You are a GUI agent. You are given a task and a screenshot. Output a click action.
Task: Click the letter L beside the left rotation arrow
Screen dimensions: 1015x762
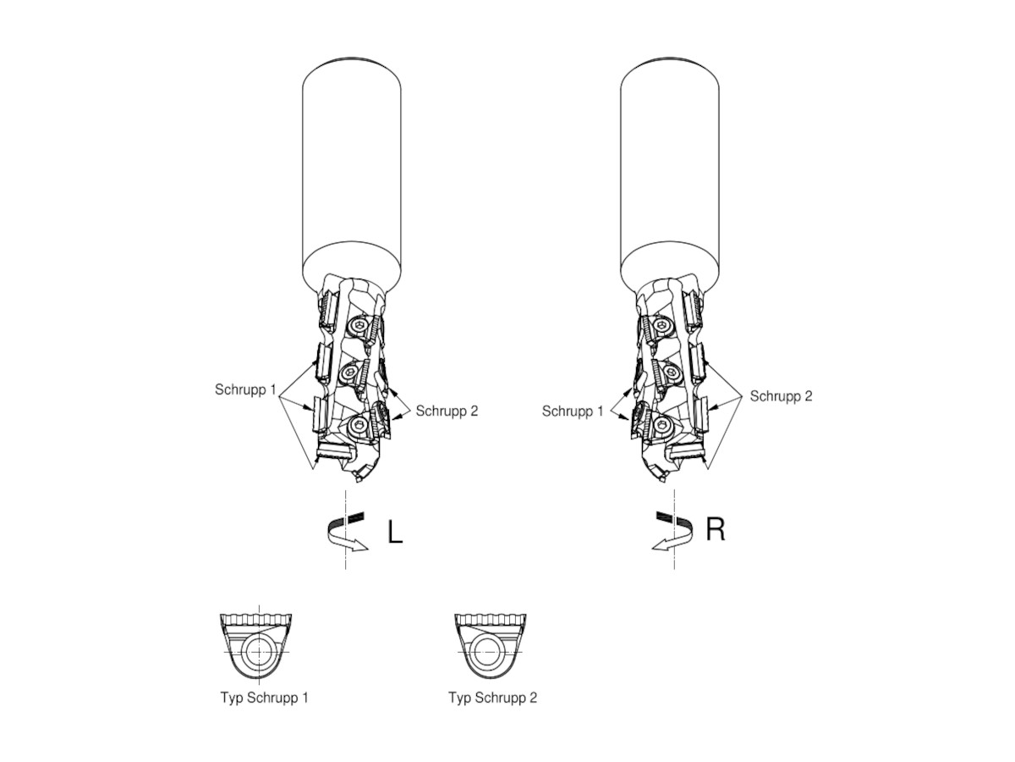tap(394, 531)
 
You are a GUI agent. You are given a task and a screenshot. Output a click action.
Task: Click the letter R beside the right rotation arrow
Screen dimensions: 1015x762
tap(715, 529)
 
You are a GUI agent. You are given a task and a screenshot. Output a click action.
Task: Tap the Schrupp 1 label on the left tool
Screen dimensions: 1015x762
tap(245, 389)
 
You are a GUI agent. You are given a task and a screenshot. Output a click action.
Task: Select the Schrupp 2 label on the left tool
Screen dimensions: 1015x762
tap(447, 411)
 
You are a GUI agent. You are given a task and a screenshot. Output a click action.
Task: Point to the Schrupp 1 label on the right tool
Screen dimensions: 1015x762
tap(573, 411)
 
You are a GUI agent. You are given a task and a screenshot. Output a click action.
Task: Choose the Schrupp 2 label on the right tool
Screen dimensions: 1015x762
tap(781, 396)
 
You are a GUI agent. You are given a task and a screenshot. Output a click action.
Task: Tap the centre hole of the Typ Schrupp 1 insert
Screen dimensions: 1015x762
tap(259, 651)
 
